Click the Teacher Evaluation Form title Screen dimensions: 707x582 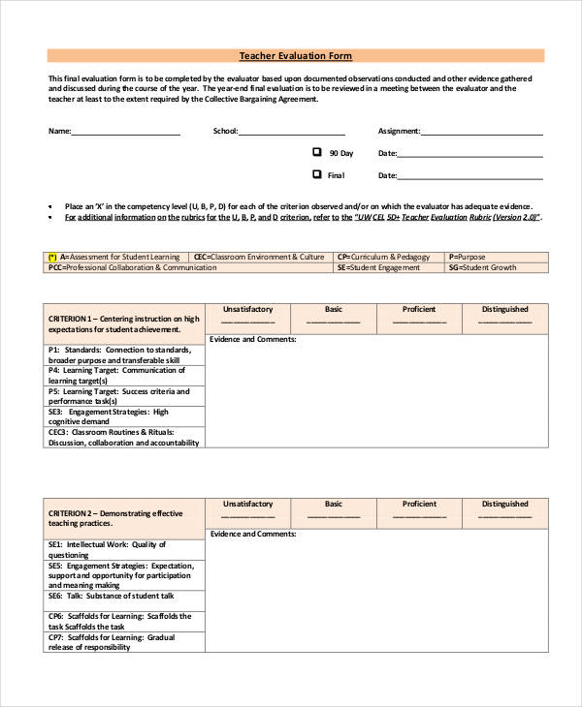pyautogui.click(x=296, y=56)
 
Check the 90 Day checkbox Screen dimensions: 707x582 pyautogui.click(x=316, y=152)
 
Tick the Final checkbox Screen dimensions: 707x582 pyautogui.click(x=316, y=174)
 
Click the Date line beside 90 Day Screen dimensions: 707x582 pyautogui.click(x=470, y=155)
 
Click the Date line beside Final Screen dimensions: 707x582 pyautogui.click(x=470, y=177)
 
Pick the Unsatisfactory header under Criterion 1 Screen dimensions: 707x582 pyautogui.click(x=247, y=310)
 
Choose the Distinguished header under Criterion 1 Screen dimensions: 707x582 pyautogui.click(x=505, y=310)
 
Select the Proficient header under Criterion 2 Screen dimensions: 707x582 pyautogui.click(x=419, y=505)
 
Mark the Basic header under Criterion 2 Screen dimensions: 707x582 pyautogui.click(x=334, y=505)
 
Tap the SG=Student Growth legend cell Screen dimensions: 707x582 pyautogui.click(x=497, y=267)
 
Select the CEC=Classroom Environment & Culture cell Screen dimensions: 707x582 pyautogui.click(x=262, y=258)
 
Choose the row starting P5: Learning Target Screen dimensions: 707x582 pyautogui.click(x=125, y=395)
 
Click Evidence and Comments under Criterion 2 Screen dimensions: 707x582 pyautogui.click(x=254, y=535)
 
